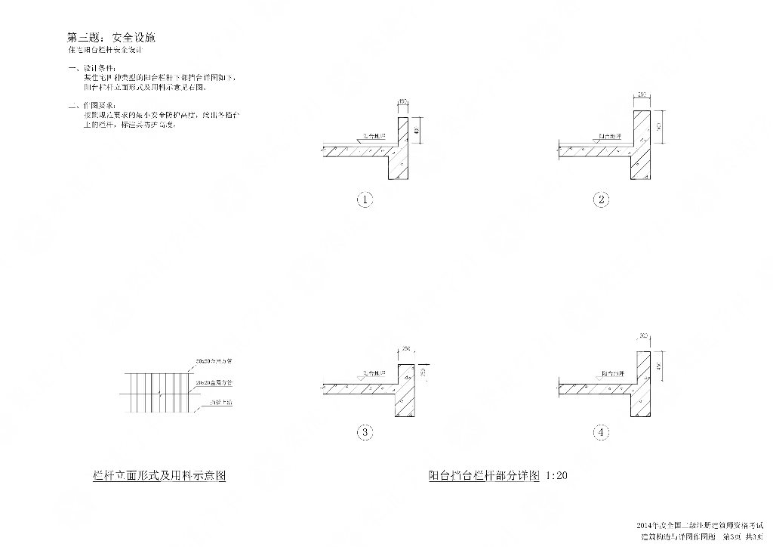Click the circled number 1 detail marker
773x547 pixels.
click(x=365, y=200)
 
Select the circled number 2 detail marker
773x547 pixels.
click(x=601, y=200)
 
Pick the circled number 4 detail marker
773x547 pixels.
click(x=601, y=432)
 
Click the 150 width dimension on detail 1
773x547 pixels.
click(x=402, y=101)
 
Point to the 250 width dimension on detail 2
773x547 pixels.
click(x=642, y=95)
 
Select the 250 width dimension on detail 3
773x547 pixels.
click(x=405, y=348)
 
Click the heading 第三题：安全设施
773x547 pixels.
click(x=111, y=37)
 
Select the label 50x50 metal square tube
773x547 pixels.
click(x=214, y=363)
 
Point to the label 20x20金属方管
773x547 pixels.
click(x=214, y=383)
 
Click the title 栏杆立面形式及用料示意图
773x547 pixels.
click(x=159, y=476)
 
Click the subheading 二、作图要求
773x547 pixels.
click(x=88, y=106)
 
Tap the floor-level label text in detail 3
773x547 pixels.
click(x=374, y=373)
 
